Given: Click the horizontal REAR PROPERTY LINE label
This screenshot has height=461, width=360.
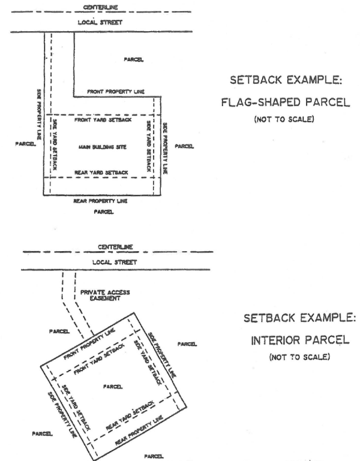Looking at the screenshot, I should pyautogui.click(x=102, y=201).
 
